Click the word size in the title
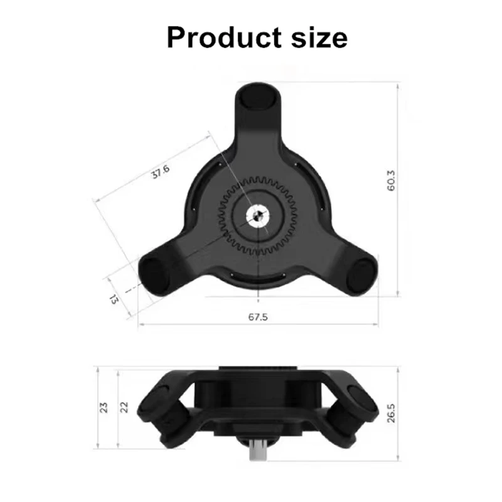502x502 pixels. [318, 37]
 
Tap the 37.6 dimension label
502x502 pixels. [161, 173]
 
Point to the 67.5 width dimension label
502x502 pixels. [257, 318]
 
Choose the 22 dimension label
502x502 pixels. [124, 407]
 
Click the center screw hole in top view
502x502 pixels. [257, 217]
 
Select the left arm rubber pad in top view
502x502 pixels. [152, 275]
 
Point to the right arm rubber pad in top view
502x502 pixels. [362, 275]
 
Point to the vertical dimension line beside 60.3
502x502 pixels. [400, 188]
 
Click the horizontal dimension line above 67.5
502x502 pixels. [257, 325]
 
